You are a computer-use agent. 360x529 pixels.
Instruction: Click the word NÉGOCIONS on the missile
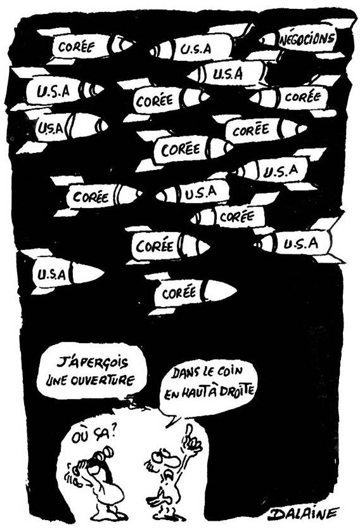[307, 39]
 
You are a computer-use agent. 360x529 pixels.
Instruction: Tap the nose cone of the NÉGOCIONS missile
[268, 40]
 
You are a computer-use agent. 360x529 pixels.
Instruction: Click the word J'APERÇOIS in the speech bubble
[92, 363]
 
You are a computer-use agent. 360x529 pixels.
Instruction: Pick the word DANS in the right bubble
[186, 373]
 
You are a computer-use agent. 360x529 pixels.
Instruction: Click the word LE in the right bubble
[209, 372]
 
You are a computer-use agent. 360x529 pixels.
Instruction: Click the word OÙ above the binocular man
[79, 438]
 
